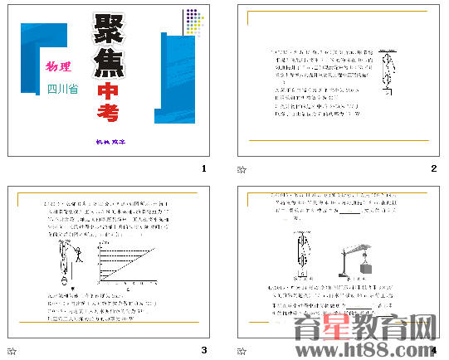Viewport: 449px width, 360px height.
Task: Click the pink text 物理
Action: pos(58,66)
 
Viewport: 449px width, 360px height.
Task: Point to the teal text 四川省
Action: pos(62,88)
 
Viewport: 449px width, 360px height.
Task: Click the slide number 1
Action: pos(203,169)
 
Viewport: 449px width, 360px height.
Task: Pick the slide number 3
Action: pos(203,350)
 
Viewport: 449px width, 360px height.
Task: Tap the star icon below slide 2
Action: pos(242,169)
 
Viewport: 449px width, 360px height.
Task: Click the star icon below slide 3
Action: pos(11,350)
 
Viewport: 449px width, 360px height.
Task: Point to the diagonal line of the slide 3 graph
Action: pos(129,261)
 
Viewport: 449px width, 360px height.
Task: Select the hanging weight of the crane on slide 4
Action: pos(366,267)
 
